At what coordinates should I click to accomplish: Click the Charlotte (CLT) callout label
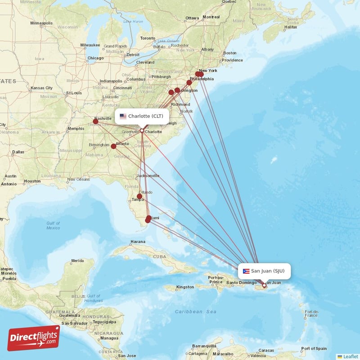coord(142,116)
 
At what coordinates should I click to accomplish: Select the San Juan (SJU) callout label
coord(264,271)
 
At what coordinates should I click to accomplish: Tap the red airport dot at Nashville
coord(95,121)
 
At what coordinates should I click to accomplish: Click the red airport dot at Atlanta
coord(113,146)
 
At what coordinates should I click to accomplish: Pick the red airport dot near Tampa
coord(139,196)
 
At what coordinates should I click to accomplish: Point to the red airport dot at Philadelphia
coord(189,83)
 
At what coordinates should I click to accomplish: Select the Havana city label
coord(138,242)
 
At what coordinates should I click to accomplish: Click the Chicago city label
coord(95,58)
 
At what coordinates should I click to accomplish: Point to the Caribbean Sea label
coord(196,311)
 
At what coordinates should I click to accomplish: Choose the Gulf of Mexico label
coord(53,225)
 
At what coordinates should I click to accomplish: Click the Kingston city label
coord(185,287)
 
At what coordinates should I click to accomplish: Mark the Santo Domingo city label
coord(241,283)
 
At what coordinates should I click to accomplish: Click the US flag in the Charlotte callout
coord(123,116)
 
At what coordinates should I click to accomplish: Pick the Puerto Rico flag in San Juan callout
coord(246,271)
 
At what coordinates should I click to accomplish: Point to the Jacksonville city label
coord(148,175)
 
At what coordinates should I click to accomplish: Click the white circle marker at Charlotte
coord(142,131)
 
